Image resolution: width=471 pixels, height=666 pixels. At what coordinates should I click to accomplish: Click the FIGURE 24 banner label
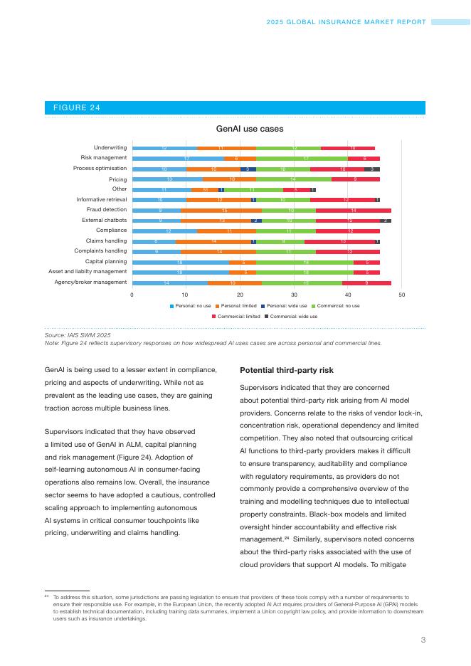pos(76,107)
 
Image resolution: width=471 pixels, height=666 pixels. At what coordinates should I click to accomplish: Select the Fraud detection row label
pos(107,210)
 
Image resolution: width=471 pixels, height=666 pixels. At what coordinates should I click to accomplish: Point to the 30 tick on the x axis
pos(294,294)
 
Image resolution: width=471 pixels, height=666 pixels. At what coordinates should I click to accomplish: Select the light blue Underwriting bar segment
pos(165,148)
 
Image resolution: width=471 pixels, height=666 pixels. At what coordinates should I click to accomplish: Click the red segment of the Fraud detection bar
pos(354,211)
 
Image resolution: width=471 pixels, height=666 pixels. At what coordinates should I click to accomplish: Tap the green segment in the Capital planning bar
pos(305,262)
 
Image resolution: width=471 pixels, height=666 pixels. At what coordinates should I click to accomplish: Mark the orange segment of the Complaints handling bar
pos(218,252)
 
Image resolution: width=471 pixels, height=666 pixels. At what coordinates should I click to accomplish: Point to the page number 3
pos(423,640)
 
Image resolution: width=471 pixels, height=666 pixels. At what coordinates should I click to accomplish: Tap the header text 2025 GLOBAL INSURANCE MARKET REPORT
pos(346,22)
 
